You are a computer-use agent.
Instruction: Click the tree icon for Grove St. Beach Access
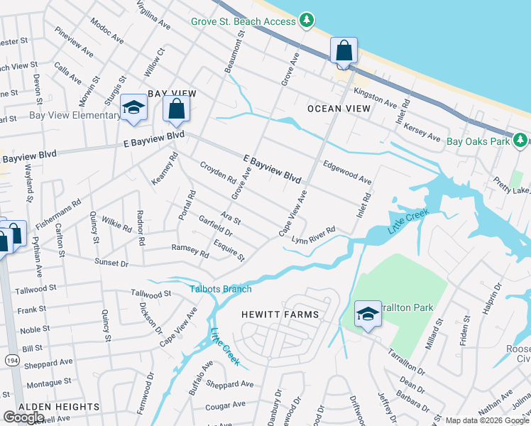(307, 21)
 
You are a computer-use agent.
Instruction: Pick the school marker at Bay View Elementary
(133, 108)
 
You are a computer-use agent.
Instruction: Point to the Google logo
(24, 417)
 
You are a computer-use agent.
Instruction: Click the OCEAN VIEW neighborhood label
(339, 109)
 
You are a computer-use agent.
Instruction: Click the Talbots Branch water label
(220, 289)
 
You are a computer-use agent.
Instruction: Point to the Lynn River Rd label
(313, 234)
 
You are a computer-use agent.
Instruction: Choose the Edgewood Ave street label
(347, 173)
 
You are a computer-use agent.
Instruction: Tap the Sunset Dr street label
(111, 263)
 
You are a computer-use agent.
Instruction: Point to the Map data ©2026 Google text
(487, 420)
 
